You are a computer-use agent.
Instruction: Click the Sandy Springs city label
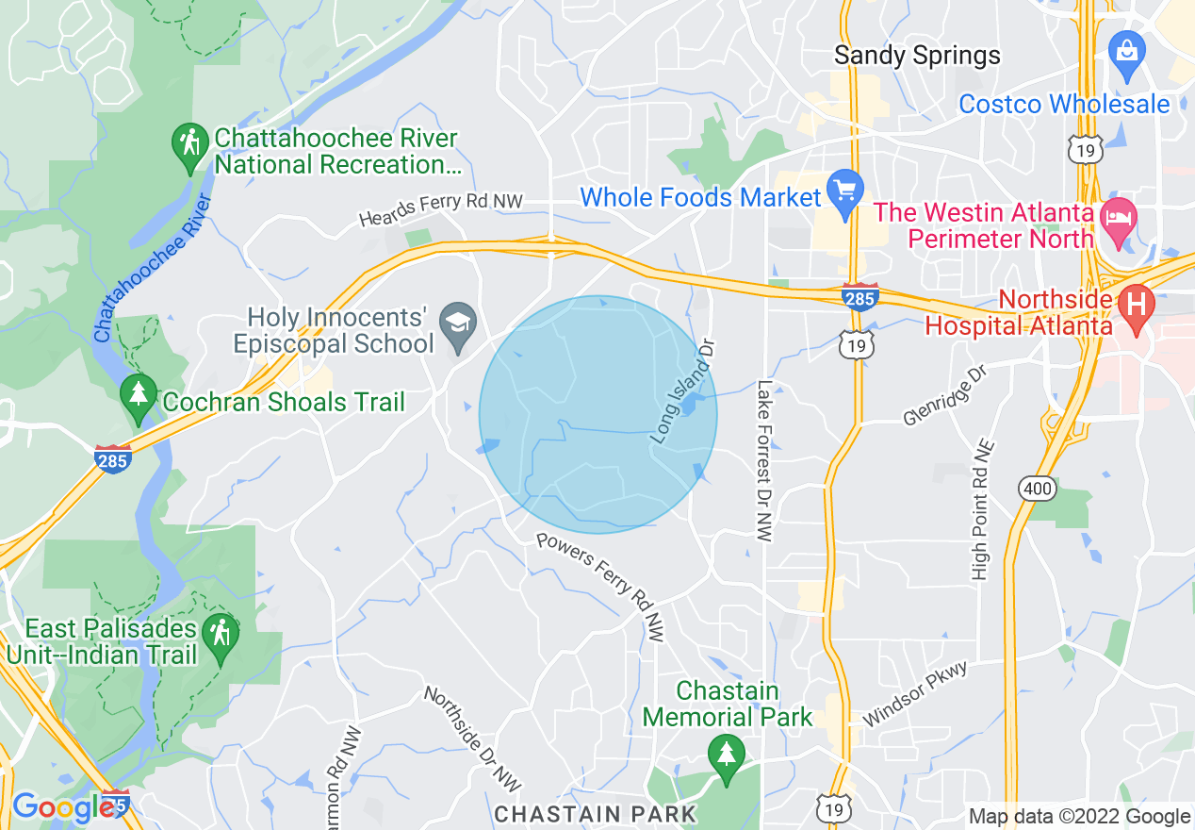click(917, 56)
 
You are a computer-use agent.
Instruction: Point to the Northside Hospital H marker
click(1137, 307)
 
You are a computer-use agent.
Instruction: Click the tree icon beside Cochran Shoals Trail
click(139, 396)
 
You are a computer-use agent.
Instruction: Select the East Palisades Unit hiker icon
click(221, 637)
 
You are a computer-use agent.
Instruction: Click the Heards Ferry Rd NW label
click(440, 209)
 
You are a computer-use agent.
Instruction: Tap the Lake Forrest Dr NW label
click(764, 460)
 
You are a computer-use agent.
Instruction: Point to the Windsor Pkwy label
click(914, 693)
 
